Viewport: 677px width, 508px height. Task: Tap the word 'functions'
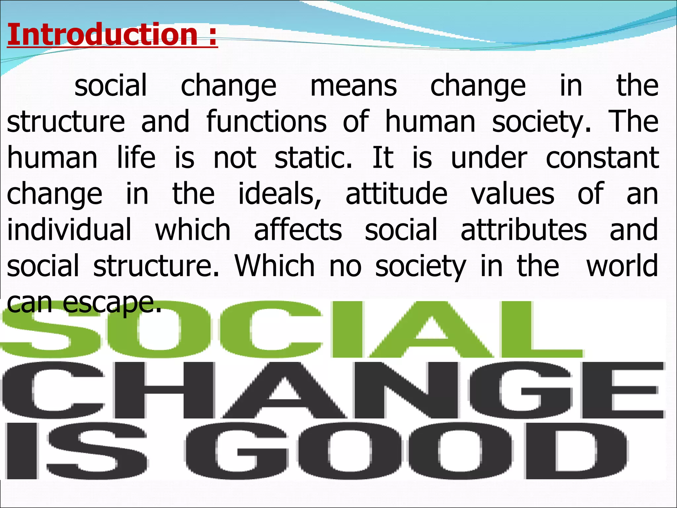coord(266,122)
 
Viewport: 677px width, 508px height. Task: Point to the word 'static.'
coord(313,158)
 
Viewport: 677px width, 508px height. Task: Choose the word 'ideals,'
coord(280,194)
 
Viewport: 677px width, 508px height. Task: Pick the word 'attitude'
coord(396,194)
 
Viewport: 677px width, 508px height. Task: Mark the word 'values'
coord(513,194)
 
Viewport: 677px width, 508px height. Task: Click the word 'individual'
coord(69,230)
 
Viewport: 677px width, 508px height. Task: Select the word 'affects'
coord(298,230)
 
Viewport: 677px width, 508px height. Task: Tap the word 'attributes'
coord(524,230)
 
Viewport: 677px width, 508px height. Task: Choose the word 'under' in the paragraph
coord(489,158)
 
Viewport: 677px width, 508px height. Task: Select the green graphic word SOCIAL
coord(291,329)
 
